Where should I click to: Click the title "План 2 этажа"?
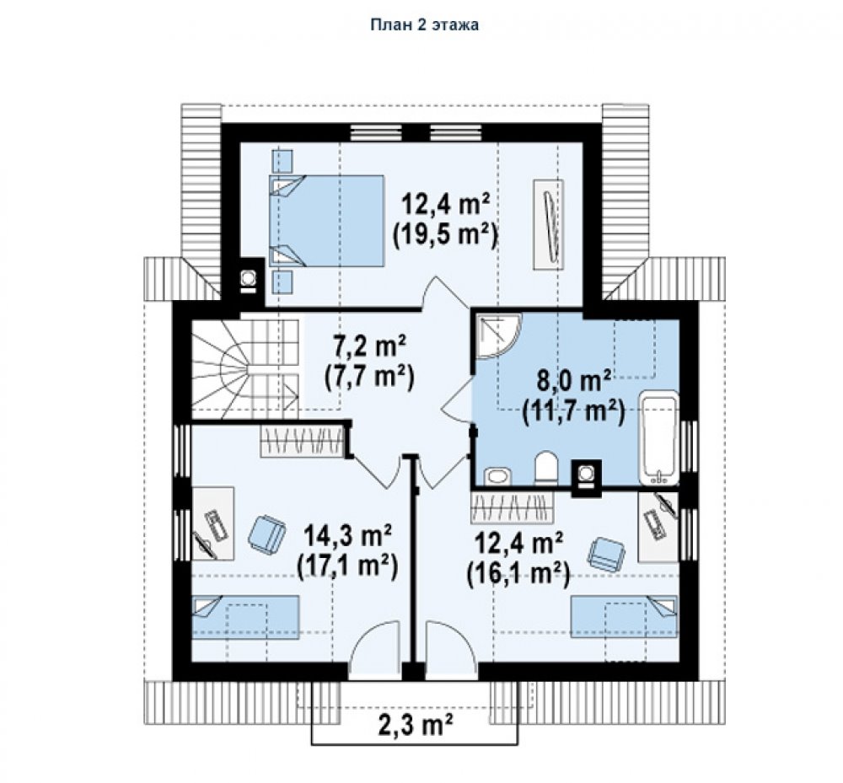pyautogui.click(x=424, y=24)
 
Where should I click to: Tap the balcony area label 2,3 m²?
pyautogui.click(x=415, y=725)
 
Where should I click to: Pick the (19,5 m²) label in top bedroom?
pyautogui.click(x=444, y=234)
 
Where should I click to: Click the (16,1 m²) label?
pyautogui.click(x=518, y=575)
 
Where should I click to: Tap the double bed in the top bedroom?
pyautogui.click(x=326, y=220)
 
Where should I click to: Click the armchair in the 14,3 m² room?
pyautogui.click(x=266, y=534)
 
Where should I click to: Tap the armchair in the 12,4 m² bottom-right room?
pyautogui.click(x=607, y=553)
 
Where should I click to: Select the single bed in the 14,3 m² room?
pyautogui.click(x=245, y=616)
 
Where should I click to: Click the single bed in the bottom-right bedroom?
pyautogui.click(x=624, y=616)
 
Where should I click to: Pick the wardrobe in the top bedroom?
pyautogui.click(x=548, y=224)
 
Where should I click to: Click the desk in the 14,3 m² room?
pyautogui.click(x=213, y=523)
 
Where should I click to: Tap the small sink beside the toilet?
pyautogui.click(x=498, y=476)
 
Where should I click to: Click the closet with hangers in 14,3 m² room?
pyautogui.click(x=302, y=441)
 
